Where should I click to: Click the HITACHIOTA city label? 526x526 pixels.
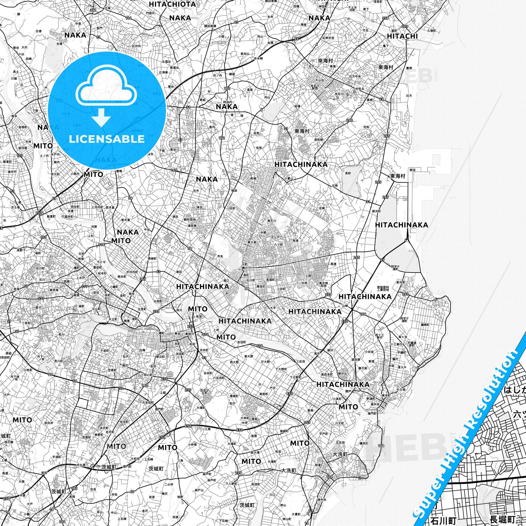click(x=172, y=4)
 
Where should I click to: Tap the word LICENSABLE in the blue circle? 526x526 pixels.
click(x=107, y=139)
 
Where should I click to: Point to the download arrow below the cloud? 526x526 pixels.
click(x=101, y=117)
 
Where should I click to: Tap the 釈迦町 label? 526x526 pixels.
click(x=371, y=398)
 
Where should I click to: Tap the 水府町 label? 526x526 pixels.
click(x=158, y=301)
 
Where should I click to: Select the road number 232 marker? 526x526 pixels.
click(x=156, y=311)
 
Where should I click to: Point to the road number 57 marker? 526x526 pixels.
click(x=382, y=260)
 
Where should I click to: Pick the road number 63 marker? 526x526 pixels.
click(x=158, y=271)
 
